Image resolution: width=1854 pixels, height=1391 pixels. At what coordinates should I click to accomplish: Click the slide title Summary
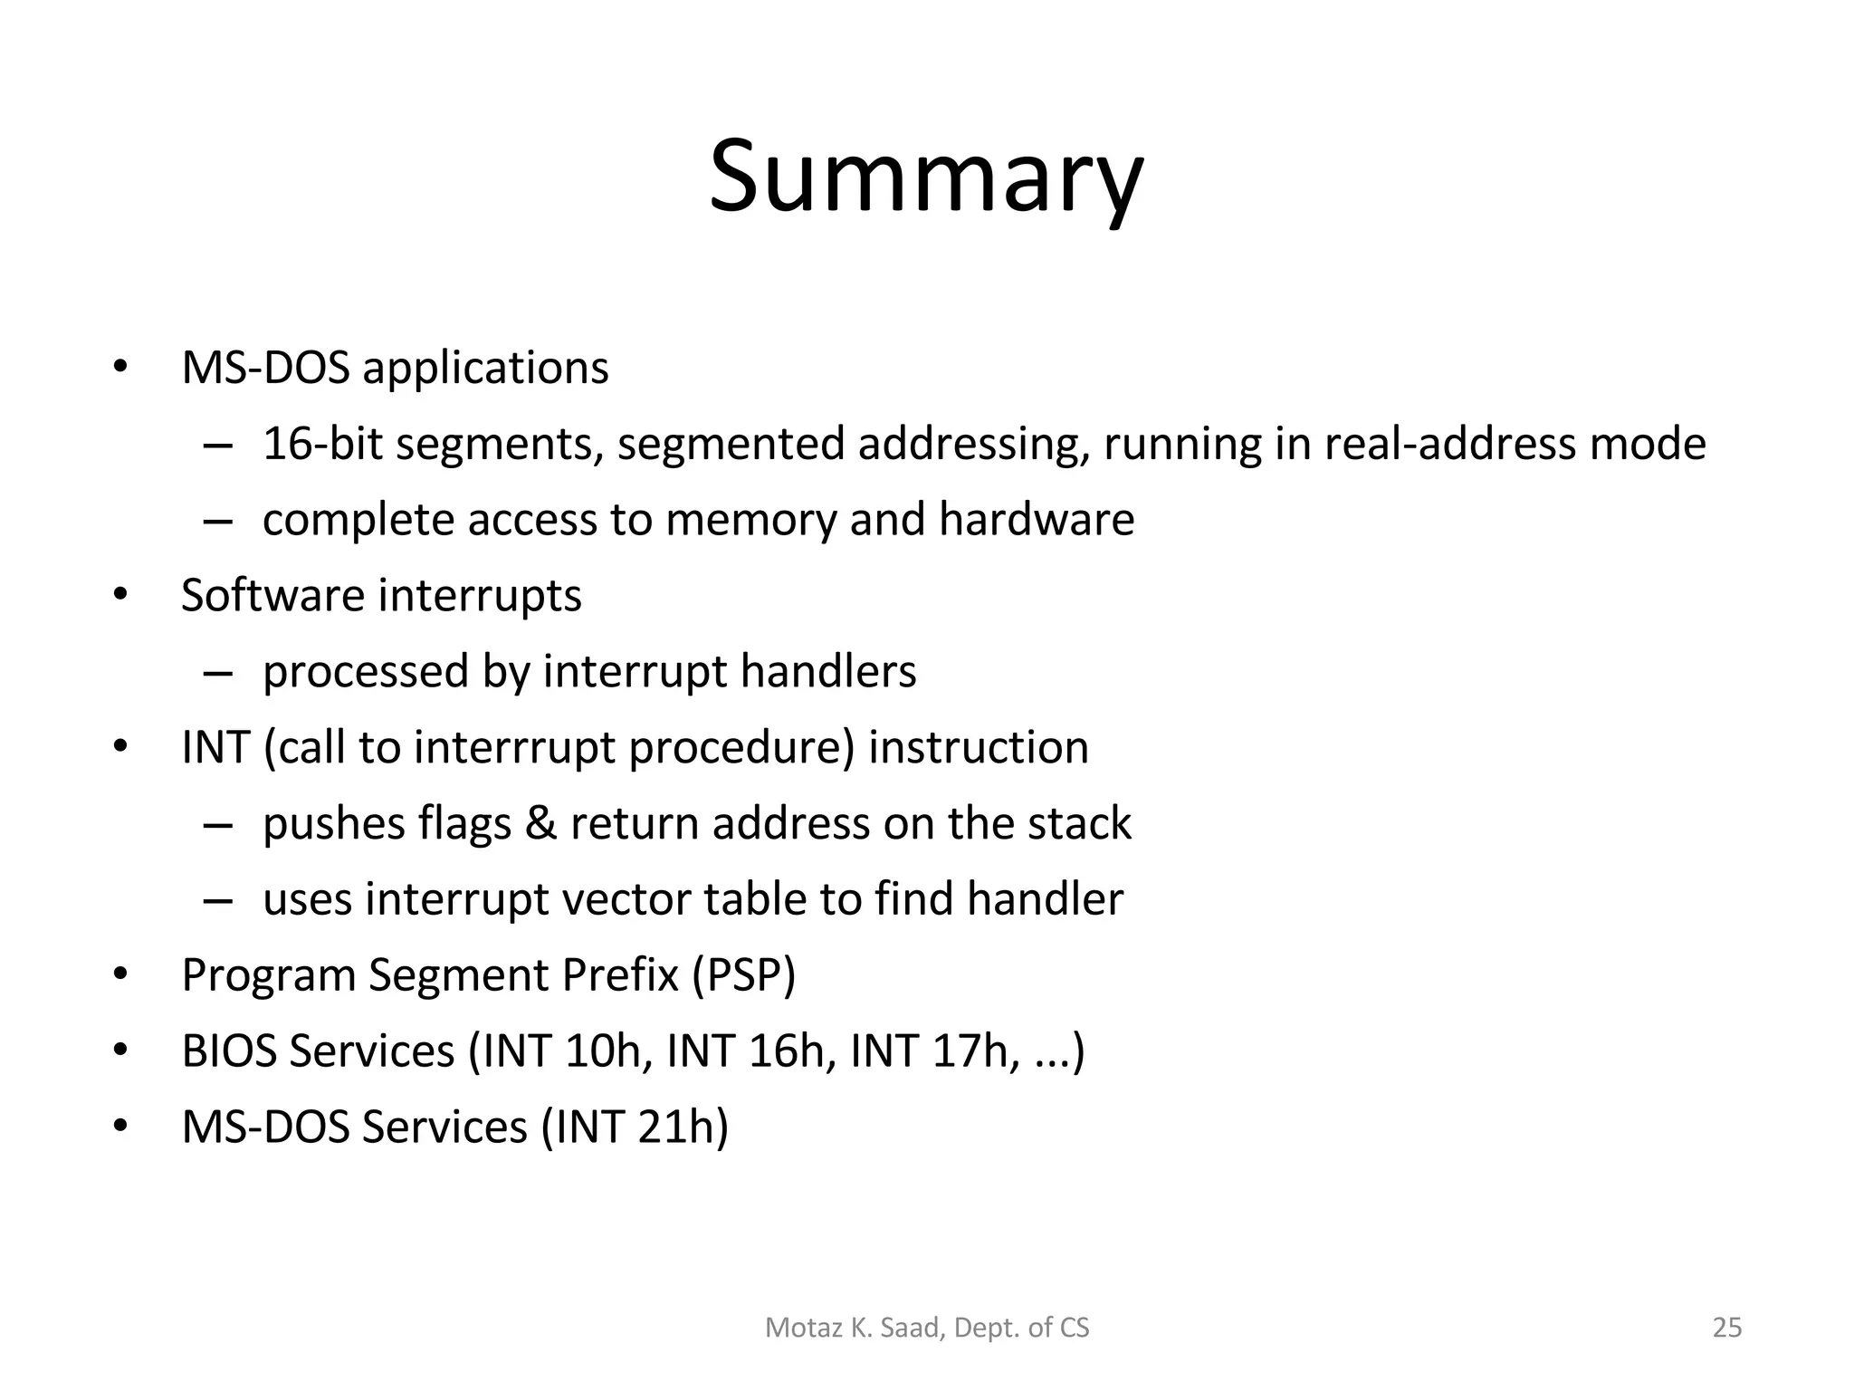[925, 177]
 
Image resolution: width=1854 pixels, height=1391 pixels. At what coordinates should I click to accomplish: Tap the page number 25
[1726, 1328]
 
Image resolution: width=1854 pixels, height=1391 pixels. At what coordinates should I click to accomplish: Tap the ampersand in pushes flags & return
[540, 824]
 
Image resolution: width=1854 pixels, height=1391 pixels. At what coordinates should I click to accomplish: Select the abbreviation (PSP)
[743, 976]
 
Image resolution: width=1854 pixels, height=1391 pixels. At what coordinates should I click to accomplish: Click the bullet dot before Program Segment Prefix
[119, 976]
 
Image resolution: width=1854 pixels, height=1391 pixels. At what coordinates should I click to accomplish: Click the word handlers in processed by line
[827, 672]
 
